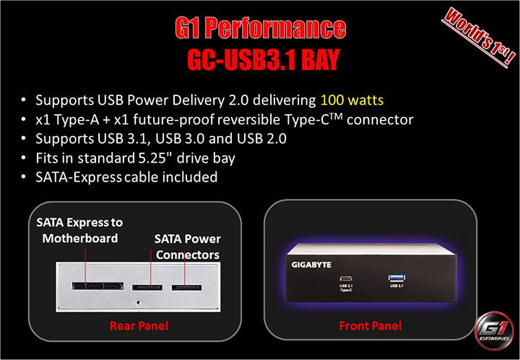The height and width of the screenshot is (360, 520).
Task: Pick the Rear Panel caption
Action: [x=139, y=326]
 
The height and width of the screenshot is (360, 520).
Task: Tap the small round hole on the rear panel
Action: [x=137, y=297]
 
